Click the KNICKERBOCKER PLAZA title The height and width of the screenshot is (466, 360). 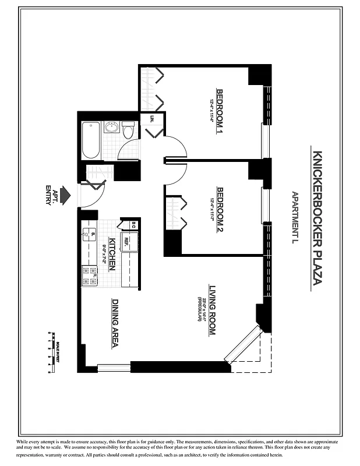(x=318, y=218)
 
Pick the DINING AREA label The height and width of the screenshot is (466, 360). (x=115, y=324)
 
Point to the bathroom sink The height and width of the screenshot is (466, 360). (x=112, y=127)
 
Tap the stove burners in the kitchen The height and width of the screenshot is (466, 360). (x=89, y=276)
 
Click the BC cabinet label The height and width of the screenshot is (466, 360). (x=133, y=224)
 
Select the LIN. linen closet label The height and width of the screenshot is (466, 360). (x=152, y=119)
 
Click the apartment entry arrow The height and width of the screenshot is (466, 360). (x=65, y=192)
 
